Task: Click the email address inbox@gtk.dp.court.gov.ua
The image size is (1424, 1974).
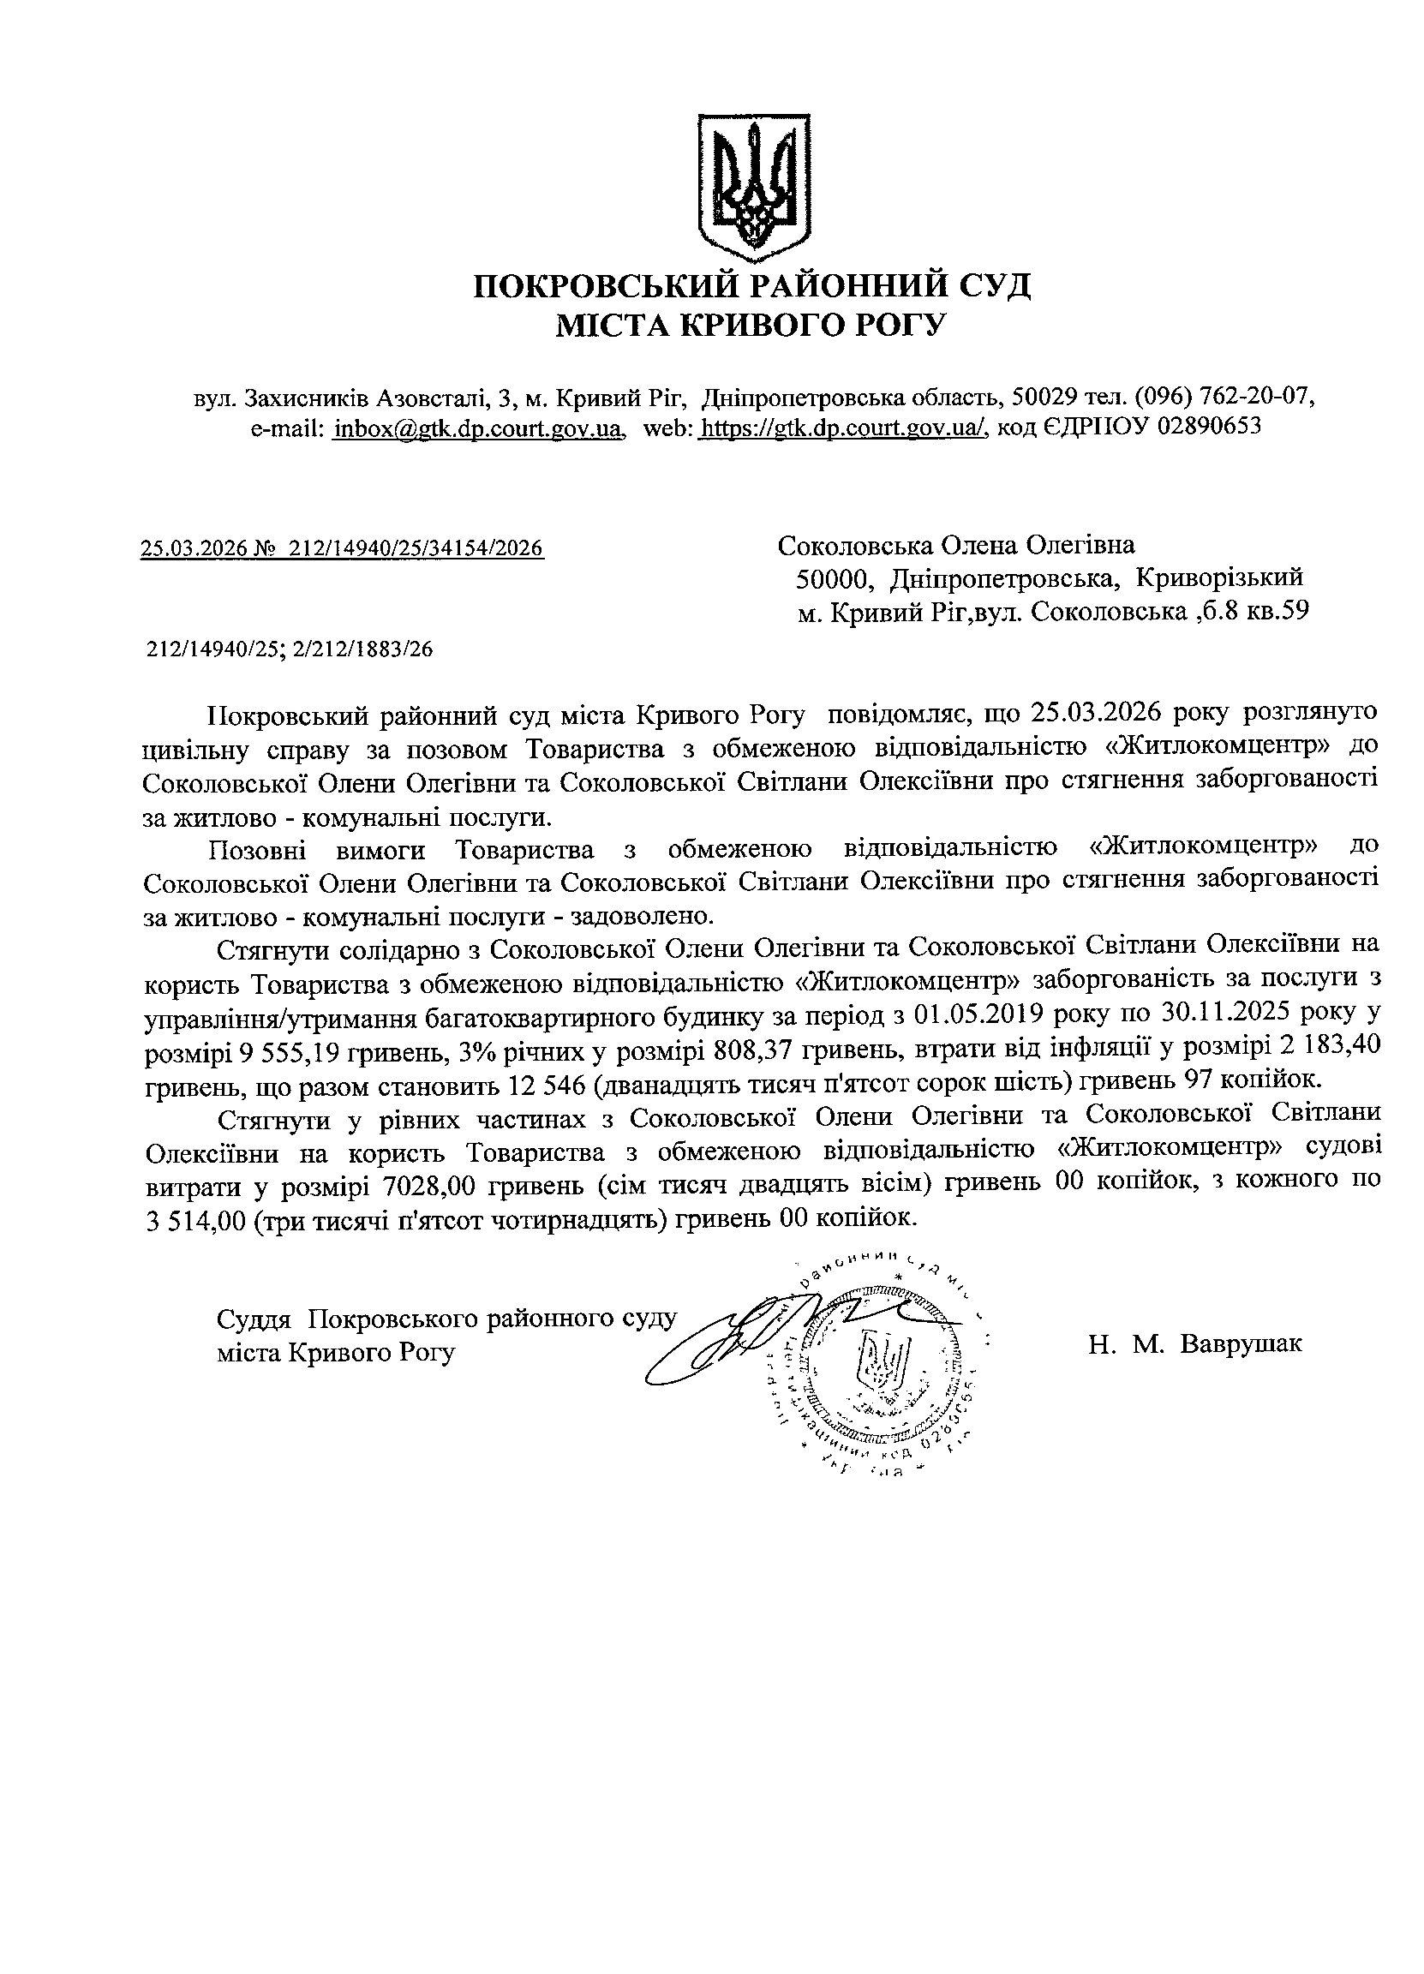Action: point(479,428)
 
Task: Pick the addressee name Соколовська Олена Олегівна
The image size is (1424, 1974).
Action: point(955,546)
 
